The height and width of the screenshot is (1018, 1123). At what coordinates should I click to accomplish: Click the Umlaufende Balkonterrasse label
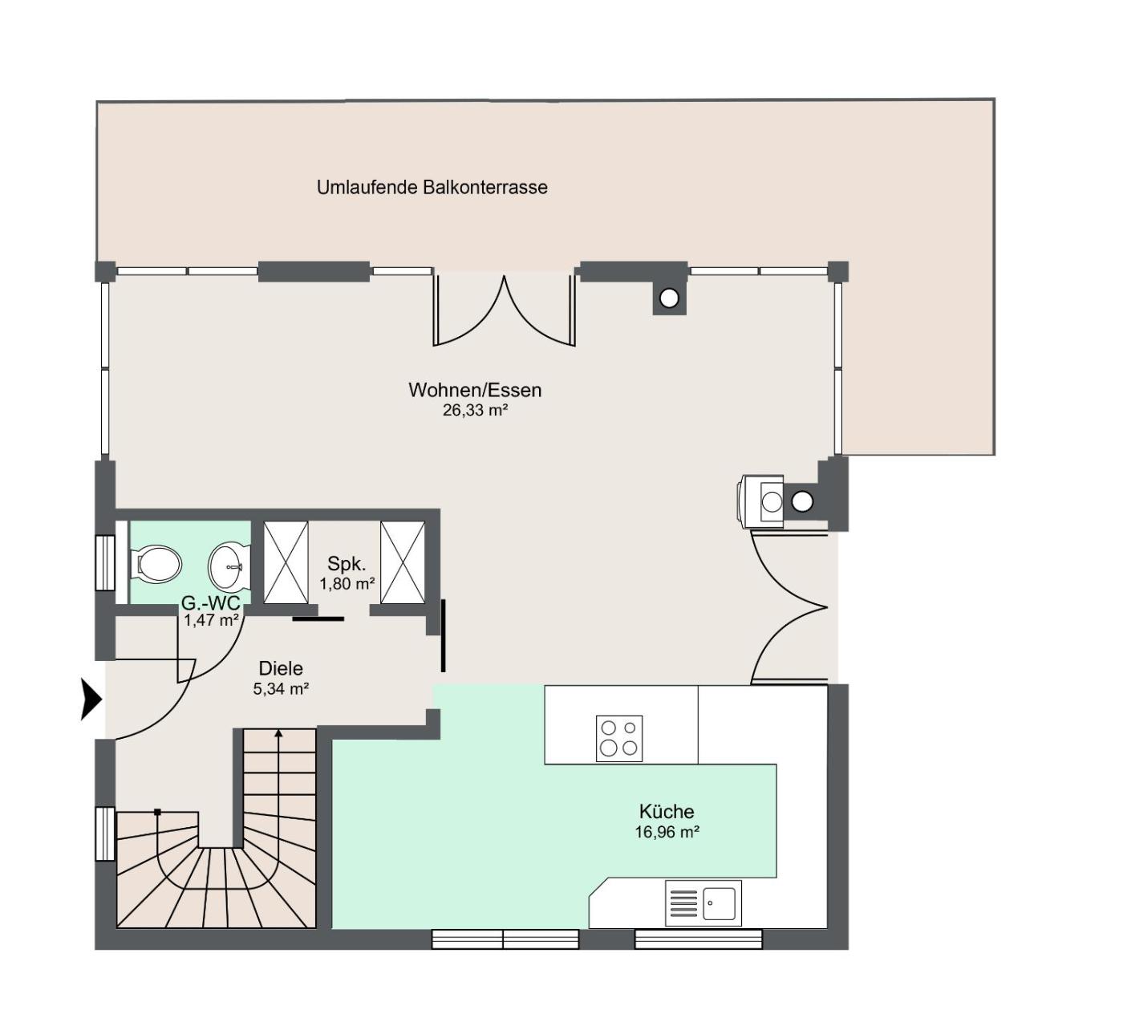coord(432,187)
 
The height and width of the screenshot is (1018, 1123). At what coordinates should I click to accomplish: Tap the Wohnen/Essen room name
coord(475,390)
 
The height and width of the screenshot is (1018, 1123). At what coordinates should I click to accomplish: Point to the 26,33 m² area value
coord(475,411)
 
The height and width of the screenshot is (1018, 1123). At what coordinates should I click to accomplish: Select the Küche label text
coord(667,811)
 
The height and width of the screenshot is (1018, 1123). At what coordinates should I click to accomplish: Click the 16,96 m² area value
coord(667,832)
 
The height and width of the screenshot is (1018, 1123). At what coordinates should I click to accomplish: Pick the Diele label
coord(281,668)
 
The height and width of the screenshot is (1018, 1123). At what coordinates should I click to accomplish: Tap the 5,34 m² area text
coord(281,689)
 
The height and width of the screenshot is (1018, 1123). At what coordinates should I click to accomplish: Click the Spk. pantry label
coord(347,563)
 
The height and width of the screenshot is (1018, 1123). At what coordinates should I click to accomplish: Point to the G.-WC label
coord(210,603)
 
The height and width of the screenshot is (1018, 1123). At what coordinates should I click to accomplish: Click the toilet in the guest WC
coord(156,563)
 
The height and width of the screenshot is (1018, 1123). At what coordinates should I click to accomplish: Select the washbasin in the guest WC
coord(229,566)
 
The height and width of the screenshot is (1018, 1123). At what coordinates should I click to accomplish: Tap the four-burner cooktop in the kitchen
coord(618,738)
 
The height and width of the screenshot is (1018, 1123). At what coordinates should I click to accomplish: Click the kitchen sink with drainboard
coord(703,903)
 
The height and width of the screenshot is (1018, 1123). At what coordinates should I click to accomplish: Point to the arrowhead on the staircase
coord(278,733)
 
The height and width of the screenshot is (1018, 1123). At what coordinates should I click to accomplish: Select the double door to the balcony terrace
coord(504,310)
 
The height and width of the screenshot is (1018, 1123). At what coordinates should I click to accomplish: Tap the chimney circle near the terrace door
coord(669,298)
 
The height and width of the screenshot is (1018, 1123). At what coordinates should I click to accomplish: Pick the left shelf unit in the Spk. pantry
coord(286,562)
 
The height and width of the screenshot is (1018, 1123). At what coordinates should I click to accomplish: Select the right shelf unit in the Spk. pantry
coord(403,562)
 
